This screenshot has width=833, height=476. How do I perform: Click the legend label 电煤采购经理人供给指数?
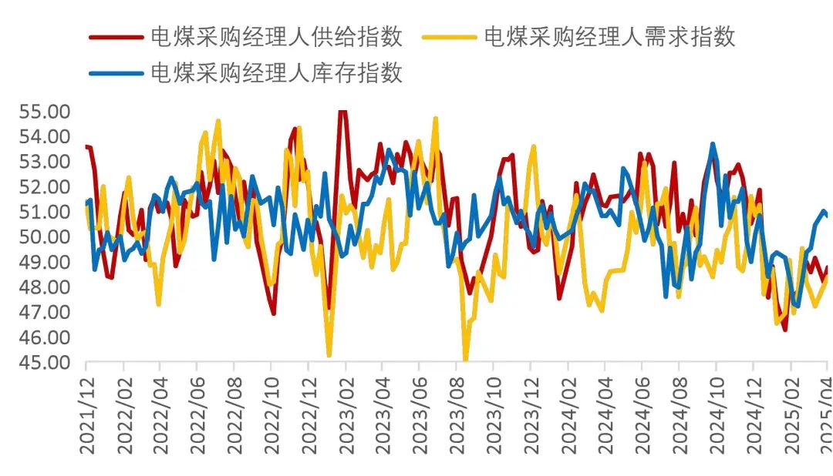(x=275, y=35)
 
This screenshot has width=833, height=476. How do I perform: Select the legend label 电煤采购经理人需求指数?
(x=609, y=35)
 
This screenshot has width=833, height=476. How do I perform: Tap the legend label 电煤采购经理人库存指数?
(x=275, y=73)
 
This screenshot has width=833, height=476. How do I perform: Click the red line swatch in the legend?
(x=116, y=36)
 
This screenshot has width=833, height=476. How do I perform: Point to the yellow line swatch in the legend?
(x=450, y=36)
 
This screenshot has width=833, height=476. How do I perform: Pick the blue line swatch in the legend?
(x=116, y=74)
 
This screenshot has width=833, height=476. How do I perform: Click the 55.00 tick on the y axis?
(x=44, y=112)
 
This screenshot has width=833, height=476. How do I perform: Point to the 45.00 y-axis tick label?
(x=44, y=363)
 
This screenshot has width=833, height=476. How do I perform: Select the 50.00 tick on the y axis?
(x=44, y=237)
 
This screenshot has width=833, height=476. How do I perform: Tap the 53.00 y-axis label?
(x=44, y=162)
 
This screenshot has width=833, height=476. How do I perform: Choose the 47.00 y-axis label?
(x=44, y=313)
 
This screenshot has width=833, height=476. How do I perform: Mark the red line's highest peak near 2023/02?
(x=342, y=112)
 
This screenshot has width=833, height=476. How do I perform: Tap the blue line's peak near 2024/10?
(x=713, y=144)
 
